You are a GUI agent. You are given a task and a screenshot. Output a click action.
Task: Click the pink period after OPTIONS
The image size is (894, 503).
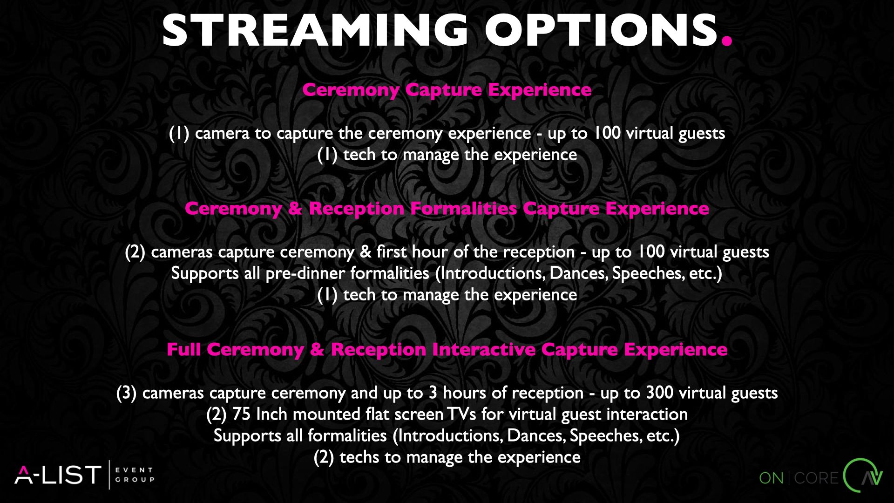click(x=727, y=41)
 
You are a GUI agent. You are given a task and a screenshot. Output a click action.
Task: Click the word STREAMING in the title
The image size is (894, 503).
click(x=315, y=30)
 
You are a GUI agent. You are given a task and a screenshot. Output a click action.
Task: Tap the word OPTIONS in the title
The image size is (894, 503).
click(x=601, y=30)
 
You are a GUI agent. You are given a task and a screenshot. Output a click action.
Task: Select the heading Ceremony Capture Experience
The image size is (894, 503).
click(x=447, y=90)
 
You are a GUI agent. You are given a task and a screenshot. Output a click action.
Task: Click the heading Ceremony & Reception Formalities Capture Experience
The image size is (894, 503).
click(x=447, y=209)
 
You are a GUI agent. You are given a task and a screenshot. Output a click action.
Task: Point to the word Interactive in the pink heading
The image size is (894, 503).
click(x=484, y=349)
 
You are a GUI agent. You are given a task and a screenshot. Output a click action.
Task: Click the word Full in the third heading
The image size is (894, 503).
click(x=184, y=349)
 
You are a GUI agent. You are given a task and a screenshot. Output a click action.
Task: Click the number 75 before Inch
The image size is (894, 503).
click(x=241, y=414)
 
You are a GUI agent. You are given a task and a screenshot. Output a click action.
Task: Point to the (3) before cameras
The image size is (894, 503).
click(x=127, y=393)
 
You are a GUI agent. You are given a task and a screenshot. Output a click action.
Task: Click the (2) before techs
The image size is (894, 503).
click(x=324, y=457)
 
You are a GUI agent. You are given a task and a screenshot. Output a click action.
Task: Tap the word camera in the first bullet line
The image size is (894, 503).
click(x=222, y=134)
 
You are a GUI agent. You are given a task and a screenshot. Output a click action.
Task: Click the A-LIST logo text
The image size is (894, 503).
click(x=58, y=475)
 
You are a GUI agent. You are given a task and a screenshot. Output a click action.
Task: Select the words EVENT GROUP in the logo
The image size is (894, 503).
click(x=135, y=475)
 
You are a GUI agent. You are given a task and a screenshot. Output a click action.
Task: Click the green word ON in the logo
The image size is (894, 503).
click(x=771, y=478)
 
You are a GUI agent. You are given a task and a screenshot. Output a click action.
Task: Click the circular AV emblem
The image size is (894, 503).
click(x=863, y=476)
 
